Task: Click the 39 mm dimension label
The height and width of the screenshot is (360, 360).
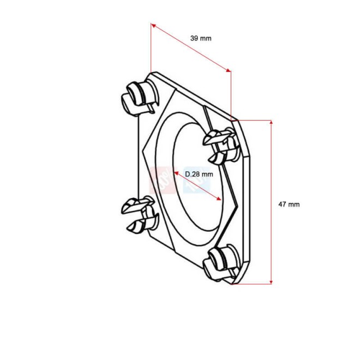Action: click(201, 38)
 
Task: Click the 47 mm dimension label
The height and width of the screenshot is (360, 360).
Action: click(289, 204)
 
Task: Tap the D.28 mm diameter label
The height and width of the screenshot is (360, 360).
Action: click(199, 174)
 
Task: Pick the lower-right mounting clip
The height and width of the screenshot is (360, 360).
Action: click(223, 263)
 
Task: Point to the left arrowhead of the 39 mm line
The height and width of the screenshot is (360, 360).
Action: click(153, 25)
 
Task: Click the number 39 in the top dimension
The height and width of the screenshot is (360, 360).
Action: click(194, 38)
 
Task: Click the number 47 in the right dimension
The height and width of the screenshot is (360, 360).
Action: click(283, 204)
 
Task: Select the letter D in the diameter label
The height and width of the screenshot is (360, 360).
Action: click(187, 174)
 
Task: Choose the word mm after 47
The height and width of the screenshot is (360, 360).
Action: click(295, 204)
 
